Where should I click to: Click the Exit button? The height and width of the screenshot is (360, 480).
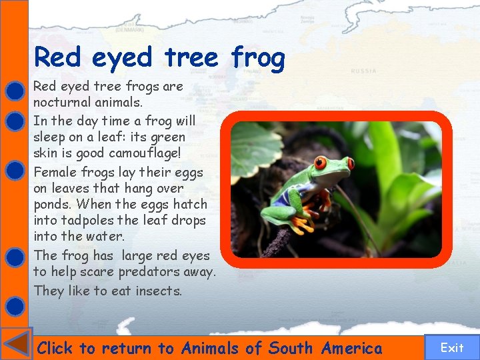pyautogui.click(x=451, y=347)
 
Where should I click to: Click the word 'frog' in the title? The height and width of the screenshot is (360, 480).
pyautogui.click(x=258, y=58)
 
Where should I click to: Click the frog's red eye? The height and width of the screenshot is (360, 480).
pyautogui.click(x=321, y=163)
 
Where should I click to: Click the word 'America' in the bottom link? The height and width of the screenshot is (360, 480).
pyautogui.click(x=351, y=348)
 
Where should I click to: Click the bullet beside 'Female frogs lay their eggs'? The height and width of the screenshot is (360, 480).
pyautogui.click(x=15, y=171)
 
